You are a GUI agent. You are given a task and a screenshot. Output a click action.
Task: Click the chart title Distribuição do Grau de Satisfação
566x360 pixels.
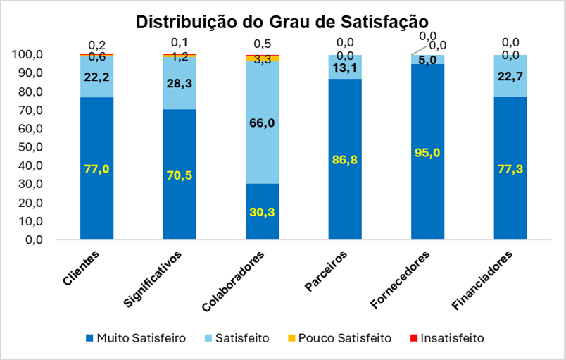[282, 22]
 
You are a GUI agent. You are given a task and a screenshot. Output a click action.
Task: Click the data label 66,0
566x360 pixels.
[263, 123]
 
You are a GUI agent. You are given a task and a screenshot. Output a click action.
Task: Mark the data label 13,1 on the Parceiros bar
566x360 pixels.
[346, 68]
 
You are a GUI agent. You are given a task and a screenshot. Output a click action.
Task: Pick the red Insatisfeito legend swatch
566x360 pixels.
[413, 338]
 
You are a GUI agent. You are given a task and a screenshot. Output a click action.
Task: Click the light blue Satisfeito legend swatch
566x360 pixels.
[209, 338]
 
